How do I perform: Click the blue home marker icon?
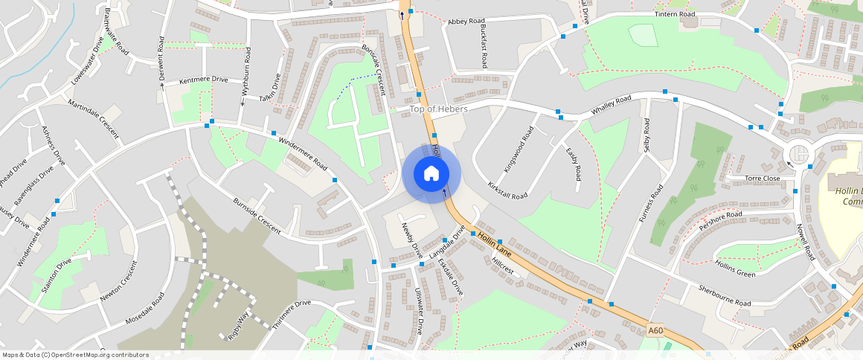click(431, 174)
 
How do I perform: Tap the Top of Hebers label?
click(439, 109)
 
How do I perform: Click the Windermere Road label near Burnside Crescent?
click(303, 152)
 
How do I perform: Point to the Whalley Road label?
click(611, 105)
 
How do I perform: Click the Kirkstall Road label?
click(507, 190)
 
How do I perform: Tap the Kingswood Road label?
click(519, 150)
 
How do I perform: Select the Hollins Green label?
click(735, 269)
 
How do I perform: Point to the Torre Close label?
click(763, 179)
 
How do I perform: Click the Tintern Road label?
click(675, 14)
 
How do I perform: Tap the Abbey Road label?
click(466, 22)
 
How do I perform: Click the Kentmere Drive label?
click(203, 79)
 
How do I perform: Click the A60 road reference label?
click(655, 330)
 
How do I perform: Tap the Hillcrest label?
click(503, 266)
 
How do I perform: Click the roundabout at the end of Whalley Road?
click(798, 154)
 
